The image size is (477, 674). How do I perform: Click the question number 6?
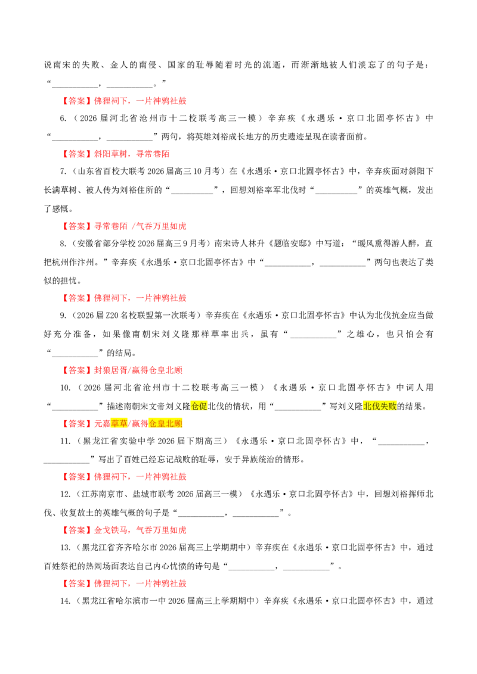[x=63, y=118]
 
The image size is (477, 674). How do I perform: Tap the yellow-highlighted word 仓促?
[x=199, y=406]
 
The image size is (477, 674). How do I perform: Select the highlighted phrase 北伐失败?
[x=380, y=406]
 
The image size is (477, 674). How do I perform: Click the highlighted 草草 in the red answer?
[x=119, y=423]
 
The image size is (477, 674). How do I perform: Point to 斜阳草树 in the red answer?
[x=111, y=154]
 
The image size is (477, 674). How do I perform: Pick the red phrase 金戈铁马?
[x=111, y=530]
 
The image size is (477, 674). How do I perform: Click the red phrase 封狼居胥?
[x=111, y=370]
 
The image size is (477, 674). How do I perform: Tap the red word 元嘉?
[x=103, y=423]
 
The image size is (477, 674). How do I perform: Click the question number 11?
[x=65, y=441]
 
